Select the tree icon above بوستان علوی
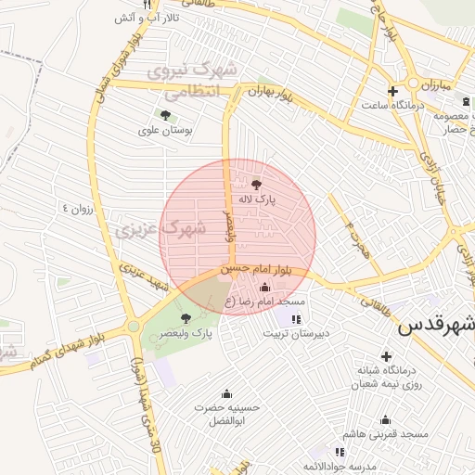tap(165, 116)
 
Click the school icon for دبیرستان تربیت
tap(296, 319)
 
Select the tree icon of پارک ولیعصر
tap(186, 318)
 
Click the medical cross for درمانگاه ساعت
tap(392, 91)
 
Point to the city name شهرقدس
tap(436, 327)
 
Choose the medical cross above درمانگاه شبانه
tap(385, 357)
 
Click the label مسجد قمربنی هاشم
tap(384, 434)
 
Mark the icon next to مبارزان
tap(446, 84)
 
